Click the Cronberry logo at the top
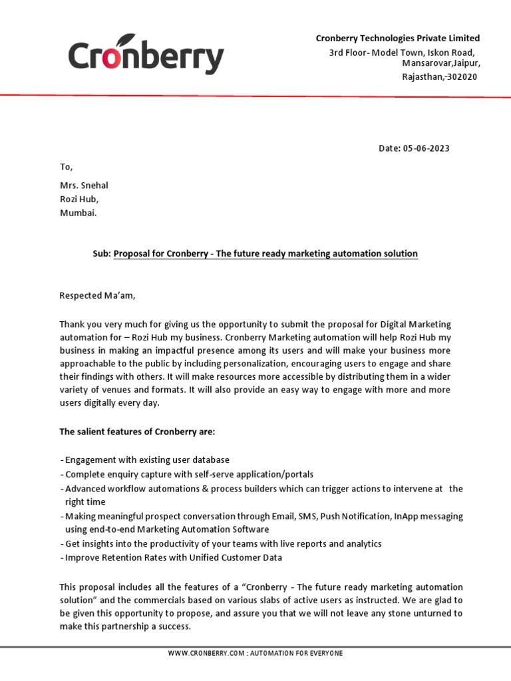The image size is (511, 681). pos(146,56)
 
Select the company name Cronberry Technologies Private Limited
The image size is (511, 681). pos(397,39)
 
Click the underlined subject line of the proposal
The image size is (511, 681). pos(265,254)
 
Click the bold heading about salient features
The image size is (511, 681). pos(137,432)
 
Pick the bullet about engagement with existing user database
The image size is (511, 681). pos(144,460)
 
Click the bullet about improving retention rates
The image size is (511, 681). pos(171,557)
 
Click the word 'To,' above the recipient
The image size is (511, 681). pos(66,167)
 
